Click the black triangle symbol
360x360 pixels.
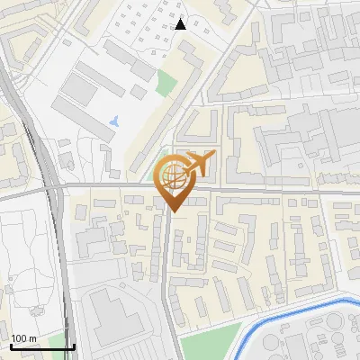coord(181,24)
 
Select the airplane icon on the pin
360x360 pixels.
coord(199,164)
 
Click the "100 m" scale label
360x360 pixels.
coord(24,338)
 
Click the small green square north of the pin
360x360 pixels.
coord(166,83)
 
